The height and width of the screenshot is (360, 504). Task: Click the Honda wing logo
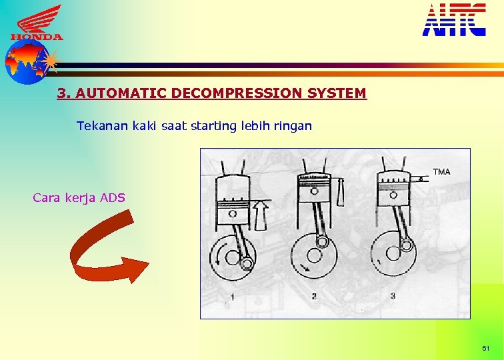(x=37, y=22)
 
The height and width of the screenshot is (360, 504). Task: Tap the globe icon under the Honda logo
(x=26, y=62)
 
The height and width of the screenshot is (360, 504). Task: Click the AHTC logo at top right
(x=454, y=19)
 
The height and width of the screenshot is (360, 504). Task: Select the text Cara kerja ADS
(x=79, y=197)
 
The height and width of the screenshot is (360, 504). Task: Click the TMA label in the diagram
(x=441, y=172)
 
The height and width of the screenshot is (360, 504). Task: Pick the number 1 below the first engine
(x=232, y=296)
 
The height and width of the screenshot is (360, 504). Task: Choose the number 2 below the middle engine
(x=314, y=296)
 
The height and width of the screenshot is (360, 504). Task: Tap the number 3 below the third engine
(x=393, y=296)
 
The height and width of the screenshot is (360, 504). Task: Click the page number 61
(x=485, y=349)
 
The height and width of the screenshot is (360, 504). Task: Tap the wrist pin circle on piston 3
(x=393, y=195)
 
